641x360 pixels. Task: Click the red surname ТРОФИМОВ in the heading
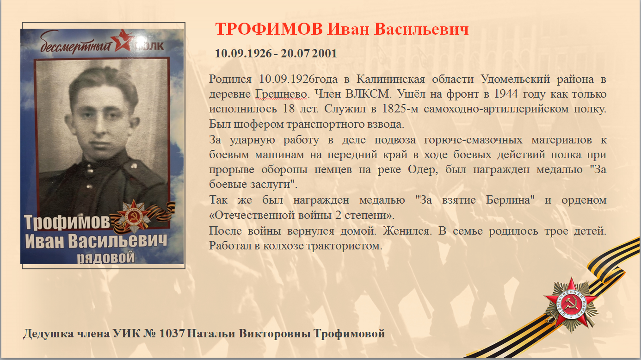[x=269, y=29]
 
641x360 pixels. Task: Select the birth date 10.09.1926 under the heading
[x=243, y=53]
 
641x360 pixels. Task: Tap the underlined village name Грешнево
[x=281, y=94]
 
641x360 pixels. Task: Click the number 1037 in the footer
[x=172, y=333]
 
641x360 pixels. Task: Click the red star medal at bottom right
[x=571, y=305]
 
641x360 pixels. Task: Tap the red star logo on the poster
[x=122, y=40]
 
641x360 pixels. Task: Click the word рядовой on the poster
[x=105, y=257]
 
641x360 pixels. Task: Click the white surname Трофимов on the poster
[x=67, y=222]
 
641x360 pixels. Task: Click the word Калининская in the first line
[x=391, y=79]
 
